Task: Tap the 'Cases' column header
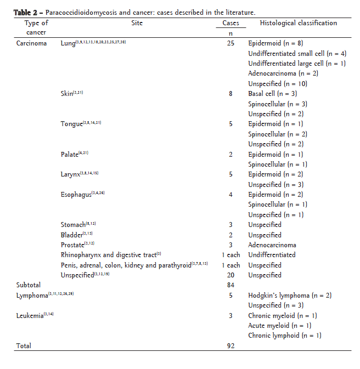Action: pos(230,23)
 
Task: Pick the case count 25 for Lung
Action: pos(230,43)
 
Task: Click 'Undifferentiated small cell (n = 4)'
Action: pos(289,53)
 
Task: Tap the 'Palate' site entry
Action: pos(70,155)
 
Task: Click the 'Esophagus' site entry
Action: pos(76,195)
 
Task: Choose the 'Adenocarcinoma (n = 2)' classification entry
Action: pos(283,73)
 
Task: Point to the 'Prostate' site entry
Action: pos(72,245)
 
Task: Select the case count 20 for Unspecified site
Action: pos(230,275)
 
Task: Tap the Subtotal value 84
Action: pos(230,285)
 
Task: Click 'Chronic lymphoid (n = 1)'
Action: pos(284,336)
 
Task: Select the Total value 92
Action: pos(230,346)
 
